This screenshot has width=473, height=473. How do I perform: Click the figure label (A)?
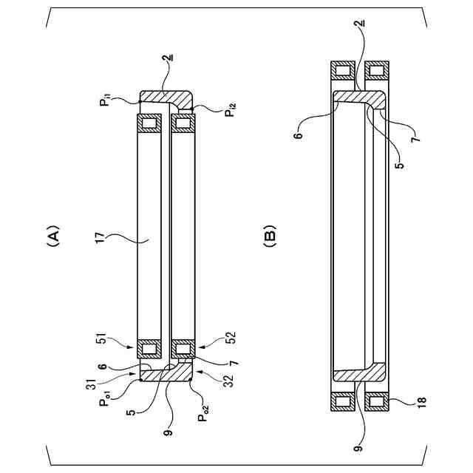52,236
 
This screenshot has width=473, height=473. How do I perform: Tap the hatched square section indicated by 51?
151,347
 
